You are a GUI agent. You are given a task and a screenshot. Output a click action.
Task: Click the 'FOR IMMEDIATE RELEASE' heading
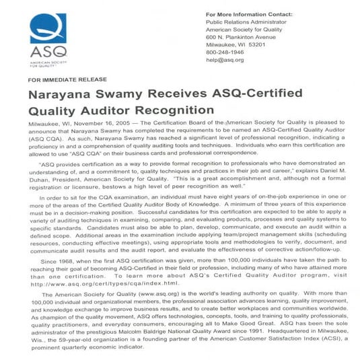click(x=61, y=79)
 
